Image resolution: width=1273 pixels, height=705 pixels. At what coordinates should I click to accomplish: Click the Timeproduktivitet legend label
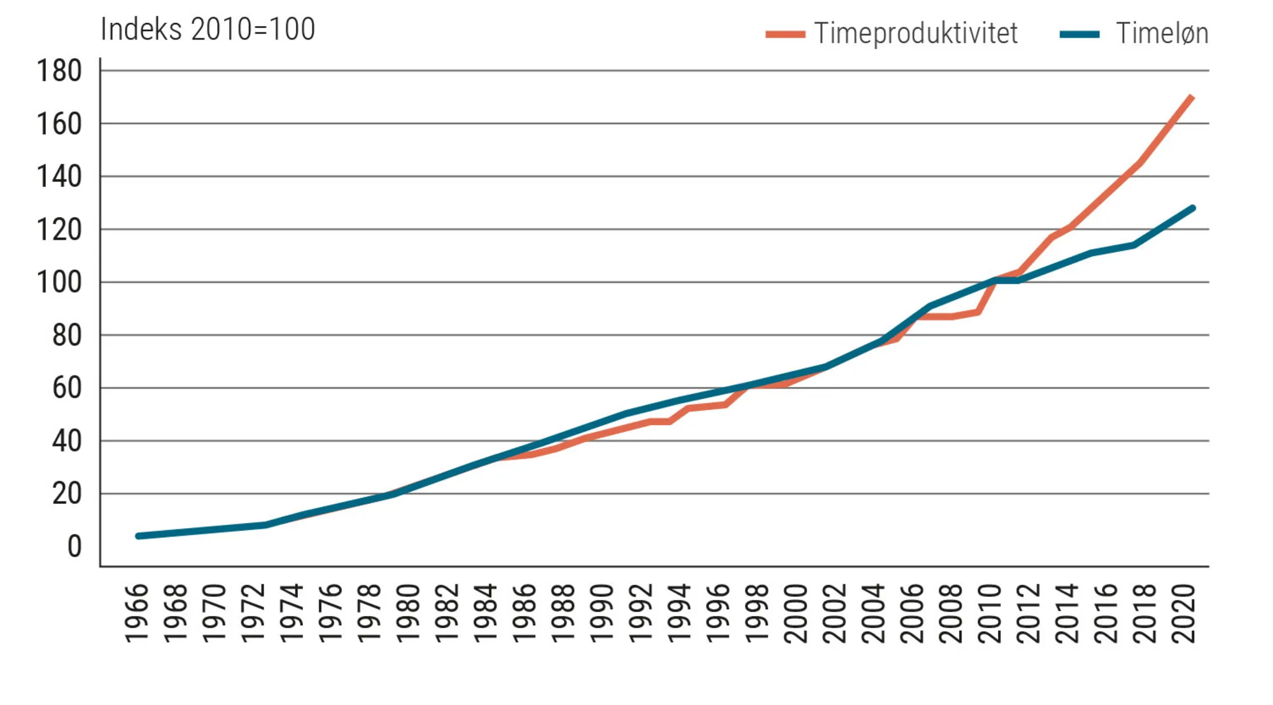pos(915,33)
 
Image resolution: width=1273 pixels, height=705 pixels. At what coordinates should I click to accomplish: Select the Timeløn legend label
pos(1162,33)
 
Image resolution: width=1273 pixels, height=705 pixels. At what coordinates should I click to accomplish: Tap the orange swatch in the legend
pos(785,34)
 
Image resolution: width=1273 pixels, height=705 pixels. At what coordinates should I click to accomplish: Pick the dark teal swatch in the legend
pos(1080,34)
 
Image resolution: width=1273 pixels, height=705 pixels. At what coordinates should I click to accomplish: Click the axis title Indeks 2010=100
pos(207,29)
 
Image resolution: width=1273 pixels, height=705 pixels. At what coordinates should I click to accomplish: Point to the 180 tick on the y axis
pos(59,71)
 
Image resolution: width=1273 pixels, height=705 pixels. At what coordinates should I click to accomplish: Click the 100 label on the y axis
pos(59,282)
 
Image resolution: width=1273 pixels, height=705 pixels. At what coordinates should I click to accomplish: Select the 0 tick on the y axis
pos(74,547)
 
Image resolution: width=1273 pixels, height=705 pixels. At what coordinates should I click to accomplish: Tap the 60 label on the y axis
pos(67,387)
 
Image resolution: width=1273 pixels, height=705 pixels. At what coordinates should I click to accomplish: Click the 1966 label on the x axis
pos(136,613)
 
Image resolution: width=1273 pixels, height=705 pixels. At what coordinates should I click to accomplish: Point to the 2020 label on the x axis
pos(1184,613)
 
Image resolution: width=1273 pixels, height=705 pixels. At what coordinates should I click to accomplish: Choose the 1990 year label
pos(602,613)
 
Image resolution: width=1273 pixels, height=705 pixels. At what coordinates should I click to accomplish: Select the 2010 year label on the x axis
pos(990,613)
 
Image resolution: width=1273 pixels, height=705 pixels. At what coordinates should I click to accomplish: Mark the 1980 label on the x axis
pos(408,613)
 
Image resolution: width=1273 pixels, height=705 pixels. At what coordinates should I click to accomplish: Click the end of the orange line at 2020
pos(1192,97)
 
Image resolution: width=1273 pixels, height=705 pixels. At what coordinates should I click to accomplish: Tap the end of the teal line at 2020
pos(1192,208)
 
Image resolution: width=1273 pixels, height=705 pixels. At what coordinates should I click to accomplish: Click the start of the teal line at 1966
pos(139,536)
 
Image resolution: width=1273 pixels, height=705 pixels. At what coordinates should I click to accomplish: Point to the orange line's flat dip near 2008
pos(951,316)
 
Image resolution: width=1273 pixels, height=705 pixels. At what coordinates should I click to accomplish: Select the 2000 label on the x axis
pos(796,613)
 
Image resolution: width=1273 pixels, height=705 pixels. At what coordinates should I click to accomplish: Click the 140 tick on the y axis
pos(59,176)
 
